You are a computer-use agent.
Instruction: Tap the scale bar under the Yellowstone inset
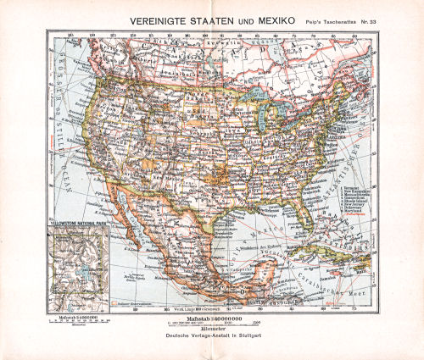coord(76,323)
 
